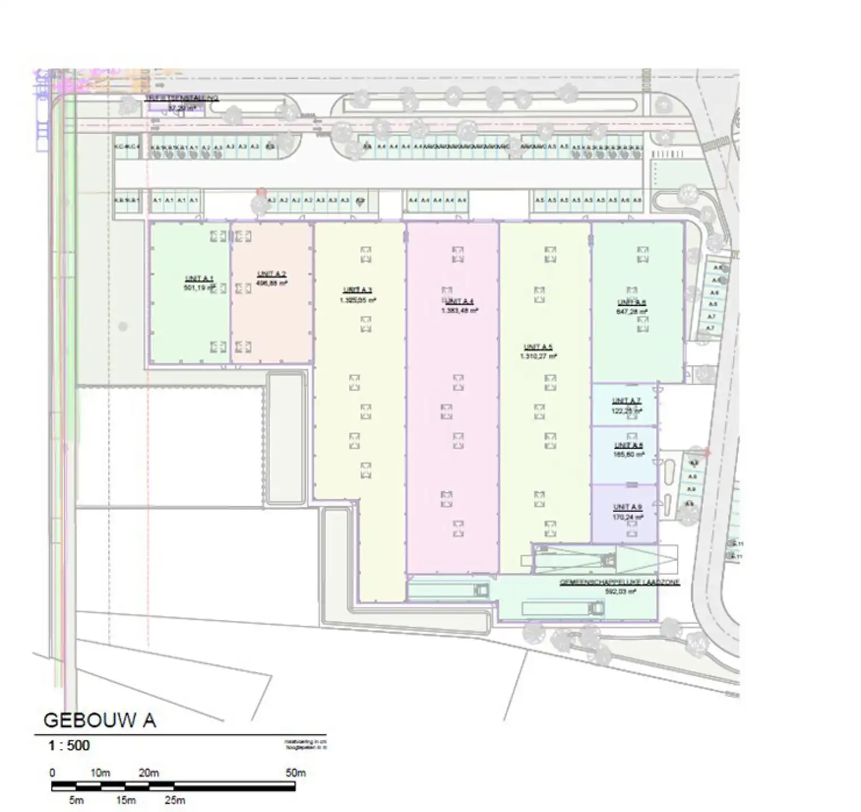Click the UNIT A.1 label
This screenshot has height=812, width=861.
tap(199, 279)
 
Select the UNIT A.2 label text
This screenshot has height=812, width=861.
tap(271, 274)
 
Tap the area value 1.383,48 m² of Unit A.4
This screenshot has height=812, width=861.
tap(459, 310)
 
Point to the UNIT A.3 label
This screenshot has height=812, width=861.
tap(357, 290)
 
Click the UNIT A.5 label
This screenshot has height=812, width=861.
tap(538, 347)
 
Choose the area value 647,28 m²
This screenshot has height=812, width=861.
tap(631, 311)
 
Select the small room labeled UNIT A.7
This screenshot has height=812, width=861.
tap(624, 405)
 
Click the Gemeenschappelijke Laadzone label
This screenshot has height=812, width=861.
tap(619, 582)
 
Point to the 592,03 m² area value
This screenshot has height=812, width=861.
tap(620, 592)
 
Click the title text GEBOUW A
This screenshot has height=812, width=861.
tap(99, 720)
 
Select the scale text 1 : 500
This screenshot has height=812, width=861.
tap(69, 745)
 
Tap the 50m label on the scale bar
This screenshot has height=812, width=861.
tap(295, 773)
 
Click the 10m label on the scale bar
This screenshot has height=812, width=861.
tap(100, 773)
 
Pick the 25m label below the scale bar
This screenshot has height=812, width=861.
tap(174, 800)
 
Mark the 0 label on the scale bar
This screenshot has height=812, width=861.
tap(52, 773)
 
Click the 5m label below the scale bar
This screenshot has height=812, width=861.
tap(76, 800)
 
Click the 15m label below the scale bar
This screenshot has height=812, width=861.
tap(125, 800)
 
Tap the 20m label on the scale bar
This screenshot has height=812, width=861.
tap(148, 773)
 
